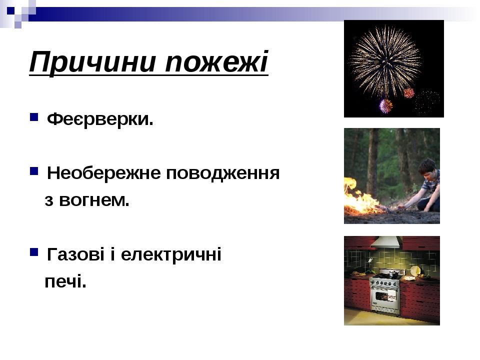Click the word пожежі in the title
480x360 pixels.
coord(216,61)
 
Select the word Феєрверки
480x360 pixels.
coord(100,119)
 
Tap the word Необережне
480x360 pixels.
coord(104,173)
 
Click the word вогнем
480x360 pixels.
coord(94,200)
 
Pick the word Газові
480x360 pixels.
coord(75,254)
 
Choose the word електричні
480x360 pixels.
coord(171,255)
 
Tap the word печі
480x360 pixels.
coord(65,281)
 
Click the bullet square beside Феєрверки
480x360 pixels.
coord(34,117)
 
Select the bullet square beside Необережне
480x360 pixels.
coord(34,171)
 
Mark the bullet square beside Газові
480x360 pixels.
coord(34,252)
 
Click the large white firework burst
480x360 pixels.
coord(385,60)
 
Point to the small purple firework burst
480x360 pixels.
coord(385,106)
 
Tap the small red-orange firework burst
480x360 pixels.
coord(408,93)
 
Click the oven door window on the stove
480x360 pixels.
coord(382,295)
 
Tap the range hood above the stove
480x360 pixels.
coord(385,242)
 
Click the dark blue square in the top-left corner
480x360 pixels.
coord(10,10)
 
